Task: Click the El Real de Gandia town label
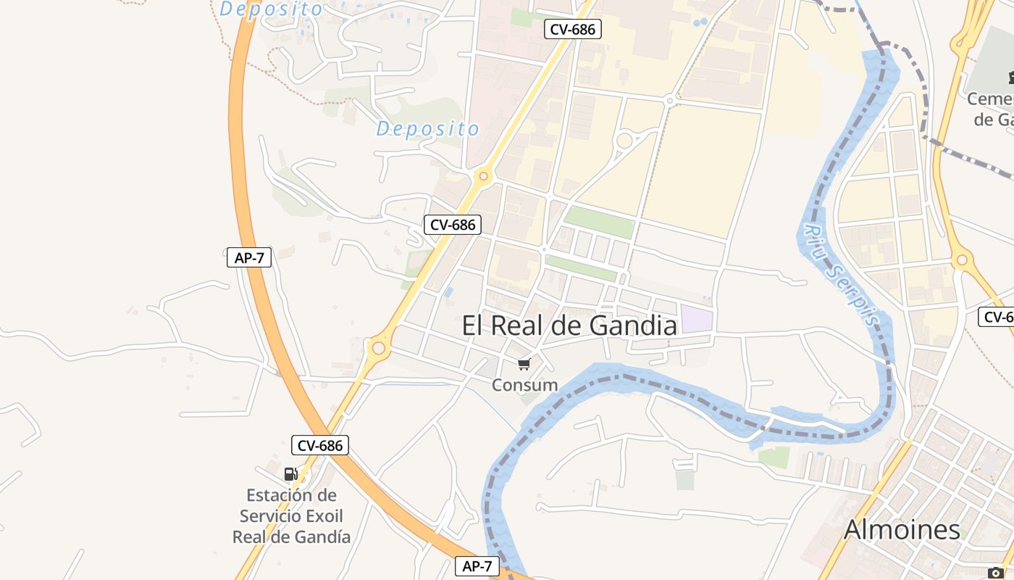pyautogui.click(x=569, y=326)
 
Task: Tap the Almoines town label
pyautogui.click(x=902, y=530)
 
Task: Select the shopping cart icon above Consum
pyautogui.click(x=524, y=364)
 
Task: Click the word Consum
pyautogui.click(x=524, y=385)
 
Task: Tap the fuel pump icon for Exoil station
pyautogui.click(x=290, y=474)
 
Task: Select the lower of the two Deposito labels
pyautogui.click(x=427, y=129)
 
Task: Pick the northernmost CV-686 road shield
pyautogui.click(x=572, y=30)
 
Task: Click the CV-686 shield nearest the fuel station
pyautogui.click(x=320, y=445)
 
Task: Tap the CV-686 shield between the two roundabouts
pyautogui.click(x=453, y=225)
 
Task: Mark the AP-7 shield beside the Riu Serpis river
pyautogui.click(x=477, y=566)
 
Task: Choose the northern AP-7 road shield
pyautogui.click(x=249, y=257)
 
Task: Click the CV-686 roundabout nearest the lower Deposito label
pyautogui.click(x=484, y=175)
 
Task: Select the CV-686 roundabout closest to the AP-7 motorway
pyautogui.click(x=377, y=349)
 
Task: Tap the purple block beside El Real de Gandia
pyautogui.click(x=697, y=320)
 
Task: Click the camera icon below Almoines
pyautogui.click(x=995, y=573)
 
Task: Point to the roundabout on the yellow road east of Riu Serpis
pyautogui.click(x=962, y=259)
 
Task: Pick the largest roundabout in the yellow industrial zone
pyautogui.click(x=623, y=141)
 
